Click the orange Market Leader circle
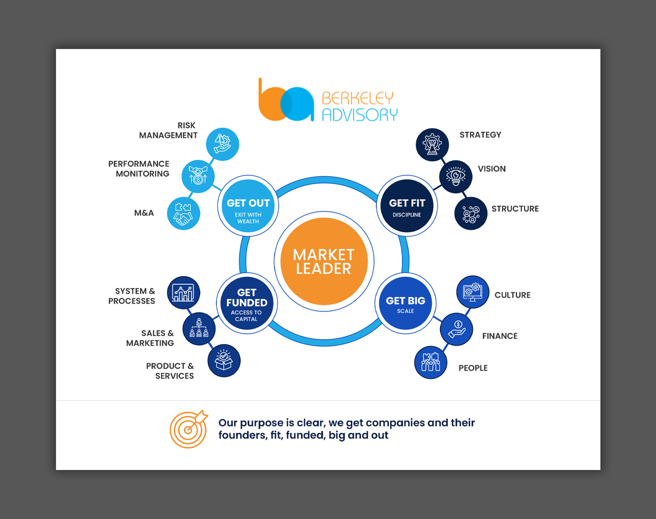pyautogui.click(x=324, y=261)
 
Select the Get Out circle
pyautogui.click(x=248, y=206)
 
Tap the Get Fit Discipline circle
pyautogui.click(x=407, y=206)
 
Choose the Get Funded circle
pyautogui.click(x=247, y=303)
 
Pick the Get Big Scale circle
pyautogui.click(x=405, y=303)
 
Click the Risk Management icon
pyautogui.click(x=222, y=144)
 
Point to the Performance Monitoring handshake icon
pyautogui.click(x=198, y=176)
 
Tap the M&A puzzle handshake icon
pyautogui.click(x=184, y=214)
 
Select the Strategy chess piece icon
pyautogui.click(x=432, y=144)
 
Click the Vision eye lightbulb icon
pyautogui.click(x=456, y=176)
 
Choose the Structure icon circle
pyautogui.click(x=471, y=214)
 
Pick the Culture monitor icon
pyautogui.click(x=473, y=292)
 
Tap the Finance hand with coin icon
pyautogui.click(x=457, y=329)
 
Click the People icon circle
pyautogui.click(x=431, y=362)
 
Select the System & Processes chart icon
pyautogui.click(x=184, y=292)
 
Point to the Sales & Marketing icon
pyautogui.click(x=199, y=329)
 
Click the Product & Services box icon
pyautogui.click(x=224, y=361)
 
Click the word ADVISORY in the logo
pyautogui.click(x=359, y=115)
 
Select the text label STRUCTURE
pyautogui.click(x=515, y=209)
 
